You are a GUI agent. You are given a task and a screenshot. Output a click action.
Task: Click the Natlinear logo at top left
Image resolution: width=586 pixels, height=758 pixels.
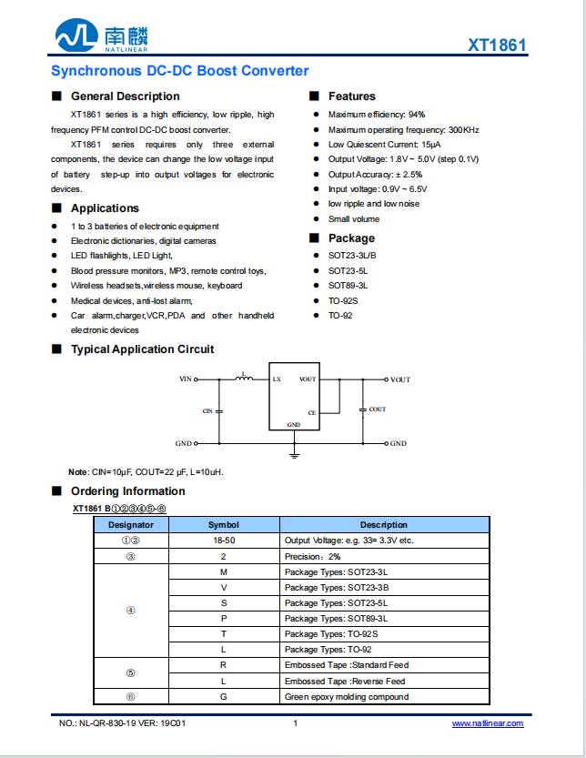101,37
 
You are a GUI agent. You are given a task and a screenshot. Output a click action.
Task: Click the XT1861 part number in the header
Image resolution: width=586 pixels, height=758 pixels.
497,45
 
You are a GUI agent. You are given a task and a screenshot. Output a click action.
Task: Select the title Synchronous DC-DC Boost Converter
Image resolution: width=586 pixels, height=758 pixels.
179,71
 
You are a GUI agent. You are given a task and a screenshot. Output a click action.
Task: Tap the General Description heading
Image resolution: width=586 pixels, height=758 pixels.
125,96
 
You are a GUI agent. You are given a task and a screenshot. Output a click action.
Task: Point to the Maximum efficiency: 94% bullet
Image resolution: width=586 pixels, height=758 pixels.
377,115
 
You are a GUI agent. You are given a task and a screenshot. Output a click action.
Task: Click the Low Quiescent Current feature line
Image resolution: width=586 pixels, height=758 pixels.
384,145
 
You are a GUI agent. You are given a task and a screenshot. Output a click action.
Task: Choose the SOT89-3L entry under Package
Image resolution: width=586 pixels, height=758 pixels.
348,286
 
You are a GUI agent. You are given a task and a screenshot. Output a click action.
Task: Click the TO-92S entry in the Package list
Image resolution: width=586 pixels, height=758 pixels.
343,300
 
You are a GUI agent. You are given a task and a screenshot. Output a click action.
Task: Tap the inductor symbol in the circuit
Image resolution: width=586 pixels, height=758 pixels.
243,377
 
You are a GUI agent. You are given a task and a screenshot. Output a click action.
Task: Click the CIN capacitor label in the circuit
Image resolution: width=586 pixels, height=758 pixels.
207,411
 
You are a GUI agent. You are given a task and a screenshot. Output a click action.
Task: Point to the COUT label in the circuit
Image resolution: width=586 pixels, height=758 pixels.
377,409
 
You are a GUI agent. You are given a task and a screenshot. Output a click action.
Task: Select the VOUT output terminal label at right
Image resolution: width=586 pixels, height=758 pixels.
400,379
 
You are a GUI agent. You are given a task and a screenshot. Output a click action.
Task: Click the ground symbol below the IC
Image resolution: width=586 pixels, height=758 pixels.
294,452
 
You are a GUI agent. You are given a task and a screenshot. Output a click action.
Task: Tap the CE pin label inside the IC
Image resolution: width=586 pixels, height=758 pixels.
311,413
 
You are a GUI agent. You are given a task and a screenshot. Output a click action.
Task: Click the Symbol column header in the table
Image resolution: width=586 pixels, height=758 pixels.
224,525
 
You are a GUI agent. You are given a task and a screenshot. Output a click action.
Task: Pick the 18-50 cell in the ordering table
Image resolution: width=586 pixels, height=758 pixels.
224,541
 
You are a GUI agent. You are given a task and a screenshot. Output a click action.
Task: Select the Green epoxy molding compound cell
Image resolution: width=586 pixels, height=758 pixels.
347,697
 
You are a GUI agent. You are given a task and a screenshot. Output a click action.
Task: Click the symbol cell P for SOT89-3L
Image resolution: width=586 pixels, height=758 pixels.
224,619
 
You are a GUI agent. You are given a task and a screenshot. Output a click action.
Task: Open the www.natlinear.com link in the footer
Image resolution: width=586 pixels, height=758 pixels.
488,723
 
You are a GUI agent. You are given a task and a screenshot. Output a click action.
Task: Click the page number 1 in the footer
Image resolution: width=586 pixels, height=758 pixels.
295,723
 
